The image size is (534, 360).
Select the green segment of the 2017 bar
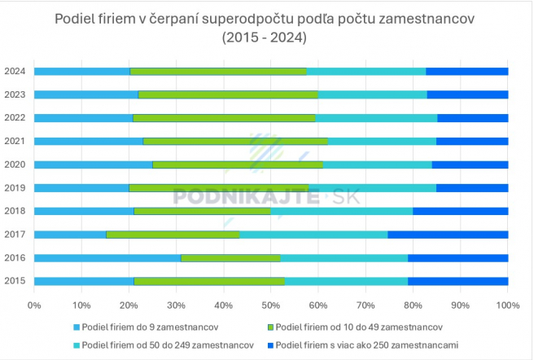[x=173, y=235]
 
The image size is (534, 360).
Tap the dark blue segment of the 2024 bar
[x=466, y=71]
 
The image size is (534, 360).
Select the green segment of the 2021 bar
[x=235, y=141]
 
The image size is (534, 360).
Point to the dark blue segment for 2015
[x=457, y=281]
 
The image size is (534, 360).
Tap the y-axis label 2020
[x=14, y=165]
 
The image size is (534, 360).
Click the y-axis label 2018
[x=14, y=211]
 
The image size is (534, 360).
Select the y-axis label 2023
[x=14, y=94]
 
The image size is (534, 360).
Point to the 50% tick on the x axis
[x=271, y=305]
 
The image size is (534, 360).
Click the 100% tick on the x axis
[x=507, y=305]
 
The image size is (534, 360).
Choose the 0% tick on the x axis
[x=34, y=305]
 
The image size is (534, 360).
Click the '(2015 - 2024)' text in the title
[x=265, y=37]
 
